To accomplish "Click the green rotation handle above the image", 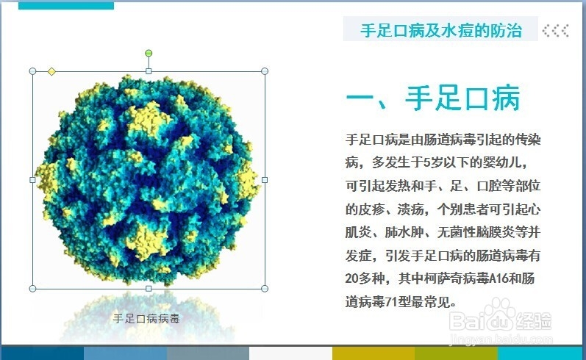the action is click(149, 53).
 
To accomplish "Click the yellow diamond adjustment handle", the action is click(51, 71).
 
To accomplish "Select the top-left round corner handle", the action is click(32, 71).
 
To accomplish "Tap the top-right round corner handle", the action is click(265, 71).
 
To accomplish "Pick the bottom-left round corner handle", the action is click(32, 288).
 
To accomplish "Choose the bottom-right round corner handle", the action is click(265, 288).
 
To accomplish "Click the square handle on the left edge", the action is click(32, 179).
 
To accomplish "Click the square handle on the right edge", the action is click(265, 179).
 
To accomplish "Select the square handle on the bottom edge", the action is click(149, 288).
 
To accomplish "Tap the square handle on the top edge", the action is click(149, 71).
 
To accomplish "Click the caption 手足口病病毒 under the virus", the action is click(146, 319).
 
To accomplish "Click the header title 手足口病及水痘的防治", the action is click(441, 30).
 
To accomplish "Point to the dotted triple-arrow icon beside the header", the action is click(556, 30).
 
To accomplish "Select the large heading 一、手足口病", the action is click(433, 98).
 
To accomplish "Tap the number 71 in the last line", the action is click(391, 301).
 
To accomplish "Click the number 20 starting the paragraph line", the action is click(351, 278).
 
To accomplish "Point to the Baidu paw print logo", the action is click(499, 312).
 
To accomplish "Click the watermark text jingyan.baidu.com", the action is click(501, 339).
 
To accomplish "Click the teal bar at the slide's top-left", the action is click(66, 6).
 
